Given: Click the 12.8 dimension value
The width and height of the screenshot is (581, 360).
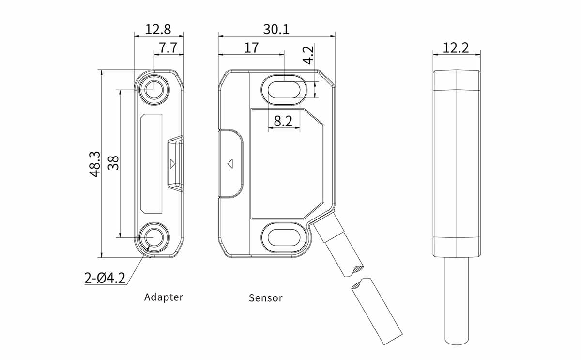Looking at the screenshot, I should coord(158,30).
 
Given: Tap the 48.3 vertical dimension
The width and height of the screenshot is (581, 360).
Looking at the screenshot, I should coord(95,164).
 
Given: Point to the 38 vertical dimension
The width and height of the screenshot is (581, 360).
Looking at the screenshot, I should coord(113,163).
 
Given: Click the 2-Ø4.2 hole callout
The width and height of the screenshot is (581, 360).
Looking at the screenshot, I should coord(105,278).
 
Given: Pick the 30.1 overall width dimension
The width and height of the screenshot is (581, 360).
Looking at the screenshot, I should coord(276,30).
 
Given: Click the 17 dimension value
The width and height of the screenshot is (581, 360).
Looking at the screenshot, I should coord(251,47).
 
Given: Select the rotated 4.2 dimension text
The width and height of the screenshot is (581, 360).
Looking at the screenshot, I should coord(308,55).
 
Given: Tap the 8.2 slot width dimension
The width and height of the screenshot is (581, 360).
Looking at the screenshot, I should coord(283,121).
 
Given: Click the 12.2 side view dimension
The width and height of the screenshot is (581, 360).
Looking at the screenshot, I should coord(456,47).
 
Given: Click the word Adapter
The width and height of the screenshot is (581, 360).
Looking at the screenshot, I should coord(164,297).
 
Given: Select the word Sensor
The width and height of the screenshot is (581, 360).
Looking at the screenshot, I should coord(265,298).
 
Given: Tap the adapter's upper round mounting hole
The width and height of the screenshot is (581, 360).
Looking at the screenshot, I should coord(154,90).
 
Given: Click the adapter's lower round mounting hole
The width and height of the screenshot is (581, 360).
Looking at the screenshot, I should coord(154,237).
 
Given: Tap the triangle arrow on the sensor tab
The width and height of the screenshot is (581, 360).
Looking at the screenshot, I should coord(230,163).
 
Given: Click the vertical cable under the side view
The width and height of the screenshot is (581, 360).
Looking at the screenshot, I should coord(457,300).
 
